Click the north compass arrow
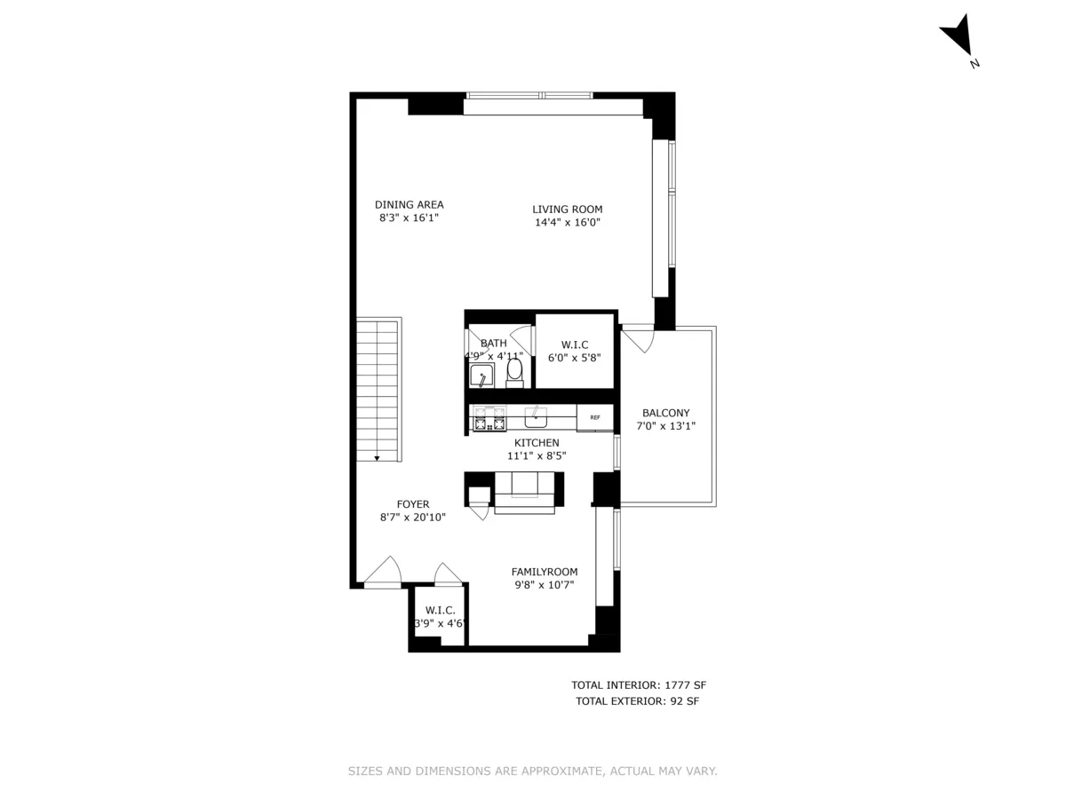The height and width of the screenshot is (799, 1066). pyautogui.click(x=957, y=37)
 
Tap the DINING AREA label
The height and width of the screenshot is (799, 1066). pyautogui.click(x=409, y=204)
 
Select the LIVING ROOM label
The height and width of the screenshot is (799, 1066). pyautogui.click(x=567, y=210)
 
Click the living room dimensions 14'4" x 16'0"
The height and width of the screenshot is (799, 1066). pyautogui.click(x=567, y=223)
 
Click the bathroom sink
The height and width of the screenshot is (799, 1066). pyautogui.click(x=481, y=375)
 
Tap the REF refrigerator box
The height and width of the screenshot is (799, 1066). pyautogui.click(x=594, y=417)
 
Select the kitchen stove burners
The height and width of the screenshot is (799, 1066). pyautogui.click(x=488, y=418)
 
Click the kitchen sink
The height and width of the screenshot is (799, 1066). pyautogui.click(x=535, y=416)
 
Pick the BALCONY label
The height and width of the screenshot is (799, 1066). pyautogui.click(x=665, y=413)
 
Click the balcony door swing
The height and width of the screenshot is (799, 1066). pyautogui.click(x=637, y=338)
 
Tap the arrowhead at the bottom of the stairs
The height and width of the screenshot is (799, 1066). pyautogui.click(x=378, y=457)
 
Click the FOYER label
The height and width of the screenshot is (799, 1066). pyautogui.click(x=412, y=504)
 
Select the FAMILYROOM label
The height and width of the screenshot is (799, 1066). pyautogui.click(x=544, y=572)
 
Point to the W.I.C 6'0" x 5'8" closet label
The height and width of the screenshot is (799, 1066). pyautogui.click(x=575, y=344)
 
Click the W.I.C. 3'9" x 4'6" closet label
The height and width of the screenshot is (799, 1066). pyautogui.click(x=440, y=610)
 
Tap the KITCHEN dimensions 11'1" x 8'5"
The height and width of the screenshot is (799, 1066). pyautogui.click(x=537, y=455)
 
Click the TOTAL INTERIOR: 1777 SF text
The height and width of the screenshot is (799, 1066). pyautogui.click(x=638, y=685)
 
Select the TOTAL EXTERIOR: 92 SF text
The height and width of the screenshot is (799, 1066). pyautogui.click(x=638, y=701)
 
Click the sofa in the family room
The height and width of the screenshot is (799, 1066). pyautogui.click(x=525, y=491)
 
